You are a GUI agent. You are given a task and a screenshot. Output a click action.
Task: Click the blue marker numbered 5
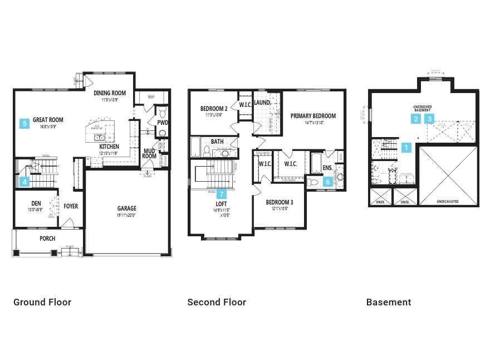24,124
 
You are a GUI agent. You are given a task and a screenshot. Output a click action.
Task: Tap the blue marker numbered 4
24,182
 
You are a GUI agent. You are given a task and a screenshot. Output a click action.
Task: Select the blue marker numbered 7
222,194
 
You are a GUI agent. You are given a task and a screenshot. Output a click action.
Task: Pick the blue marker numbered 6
328,182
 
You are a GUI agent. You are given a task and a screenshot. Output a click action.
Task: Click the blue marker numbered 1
406,148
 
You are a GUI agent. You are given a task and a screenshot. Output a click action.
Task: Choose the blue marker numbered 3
430,119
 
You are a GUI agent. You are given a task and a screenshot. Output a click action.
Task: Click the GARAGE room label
126,208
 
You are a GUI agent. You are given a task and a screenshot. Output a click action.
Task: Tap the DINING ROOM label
110,93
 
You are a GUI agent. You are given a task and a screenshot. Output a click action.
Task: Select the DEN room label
36,203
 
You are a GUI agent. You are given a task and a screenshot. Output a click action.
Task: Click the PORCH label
47,239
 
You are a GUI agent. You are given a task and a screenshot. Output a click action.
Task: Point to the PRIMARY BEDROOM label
313,116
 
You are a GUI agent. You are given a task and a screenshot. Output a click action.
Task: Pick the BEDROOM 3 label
280,202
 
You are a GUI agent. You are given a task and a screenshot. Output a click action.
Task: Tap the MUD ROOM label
149,153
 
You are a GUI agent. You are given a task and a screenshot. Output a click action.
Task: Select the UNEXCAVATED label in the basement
448,202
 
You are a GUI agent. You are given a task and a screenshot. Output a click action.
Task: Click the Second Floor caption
217,302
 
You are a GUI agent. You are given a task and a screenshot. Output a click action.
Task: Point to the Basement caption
389,302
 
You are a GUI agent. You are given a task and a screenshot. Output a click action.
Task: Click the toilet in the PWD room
162,133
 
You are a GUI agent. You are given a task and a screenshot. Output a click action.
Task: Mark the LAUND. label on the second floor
262,103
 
